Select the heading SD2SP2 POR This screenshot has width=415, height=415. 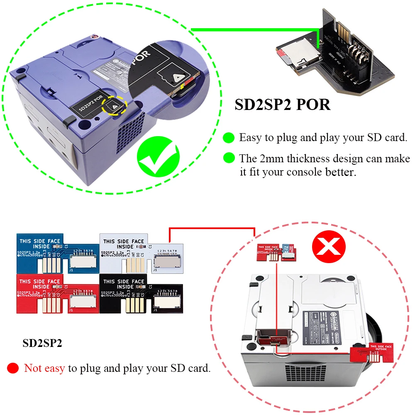tap(283, 105)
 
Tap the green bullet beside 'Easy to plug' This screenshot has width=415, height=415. tap(228, 137)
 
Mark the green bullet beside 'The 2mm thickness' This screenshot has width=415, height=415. tap(228, 158)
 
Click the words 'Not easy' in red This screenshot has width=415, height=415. tap(44, 368)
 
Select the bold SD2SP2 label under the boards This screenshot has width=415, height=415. tap(42, 344)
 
